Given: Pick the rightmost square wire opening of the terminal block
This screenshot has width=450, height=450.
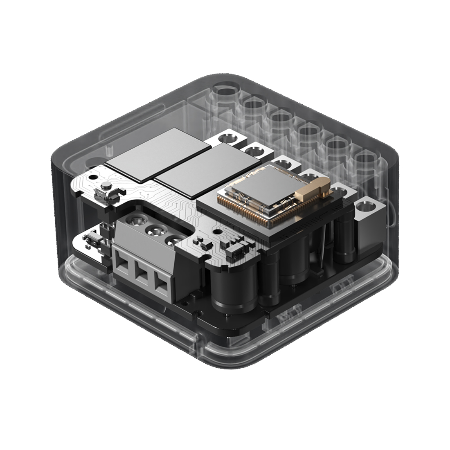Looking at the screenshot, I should point(161,281).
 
